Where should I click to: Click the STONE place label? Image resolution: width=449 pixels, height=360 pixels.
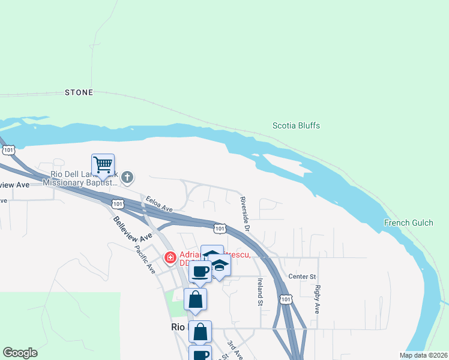(79, 92)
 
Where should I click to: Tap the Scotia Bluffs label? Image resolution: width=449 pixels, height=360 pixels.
(296, 126)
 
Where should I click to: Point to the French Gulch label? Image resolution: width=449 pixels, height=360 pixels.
(408, 223)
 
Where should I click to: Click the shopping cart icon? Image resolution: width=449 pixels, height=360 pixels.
(103, 164)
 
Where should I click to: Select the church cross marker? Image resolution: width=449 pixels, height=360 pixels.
(127, 177)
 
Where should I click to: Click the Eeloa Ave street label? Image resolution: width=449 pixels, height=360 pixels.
(159, 203)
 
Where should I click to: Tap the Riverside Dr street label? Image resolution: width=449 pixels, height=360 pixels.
(244, 211)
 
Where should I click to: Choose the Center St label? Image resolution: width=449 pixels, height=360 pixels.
(302, 277)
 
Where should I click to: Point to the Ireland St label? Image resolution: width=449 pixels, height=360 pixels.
(260, 292)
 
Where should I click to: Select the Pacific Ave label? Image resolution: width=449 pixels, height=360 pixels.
(145, 259)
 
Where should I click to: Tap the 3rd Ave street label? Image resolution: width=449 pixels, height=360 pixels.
(234, 349)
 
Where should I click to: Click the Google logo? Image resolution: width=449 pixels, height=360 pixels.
(20, 353)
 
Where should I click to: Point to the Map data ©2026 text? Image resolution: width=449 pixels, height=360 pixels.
(423, 355)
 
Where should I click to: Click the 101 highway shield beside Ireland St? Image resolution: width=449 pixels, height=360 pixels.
(286, 298)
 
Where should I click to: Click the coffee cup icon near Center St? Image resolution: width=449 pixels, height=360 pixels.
(200, 271)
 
